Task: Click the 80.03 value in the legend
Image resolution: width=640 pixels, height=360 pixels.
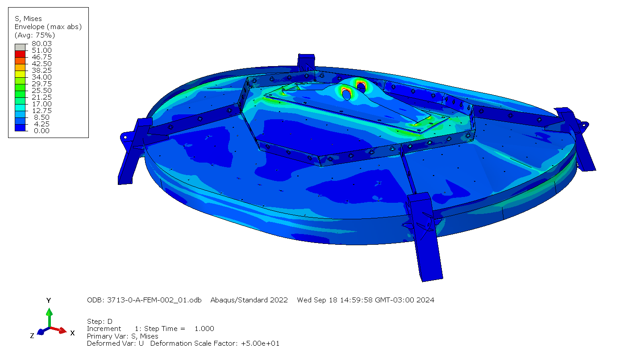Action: pos(42,43)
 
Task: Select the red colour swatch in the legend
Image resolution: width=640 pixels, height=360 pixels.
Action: pos(20,54)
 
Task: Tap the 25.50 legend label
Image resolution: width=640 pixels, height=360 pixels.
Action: pos(42,90)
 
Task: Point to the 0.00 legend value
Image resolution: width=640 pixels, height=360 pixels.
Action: pos(42,131)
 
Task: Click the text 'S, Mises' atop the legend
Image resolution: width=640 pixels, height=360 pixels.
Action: pos(28,19)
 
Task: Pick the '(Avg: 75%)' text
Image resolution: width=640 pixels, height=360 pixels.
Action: pos(35,35)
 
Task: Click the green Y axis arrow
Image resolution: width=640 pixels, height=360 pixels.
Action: pos(50,318)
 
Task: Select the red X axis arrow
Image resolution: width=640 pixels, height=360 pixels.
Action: pos(58,330)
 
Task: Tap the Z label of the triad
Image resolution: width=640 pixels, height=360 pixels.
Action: pos(32,336)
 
